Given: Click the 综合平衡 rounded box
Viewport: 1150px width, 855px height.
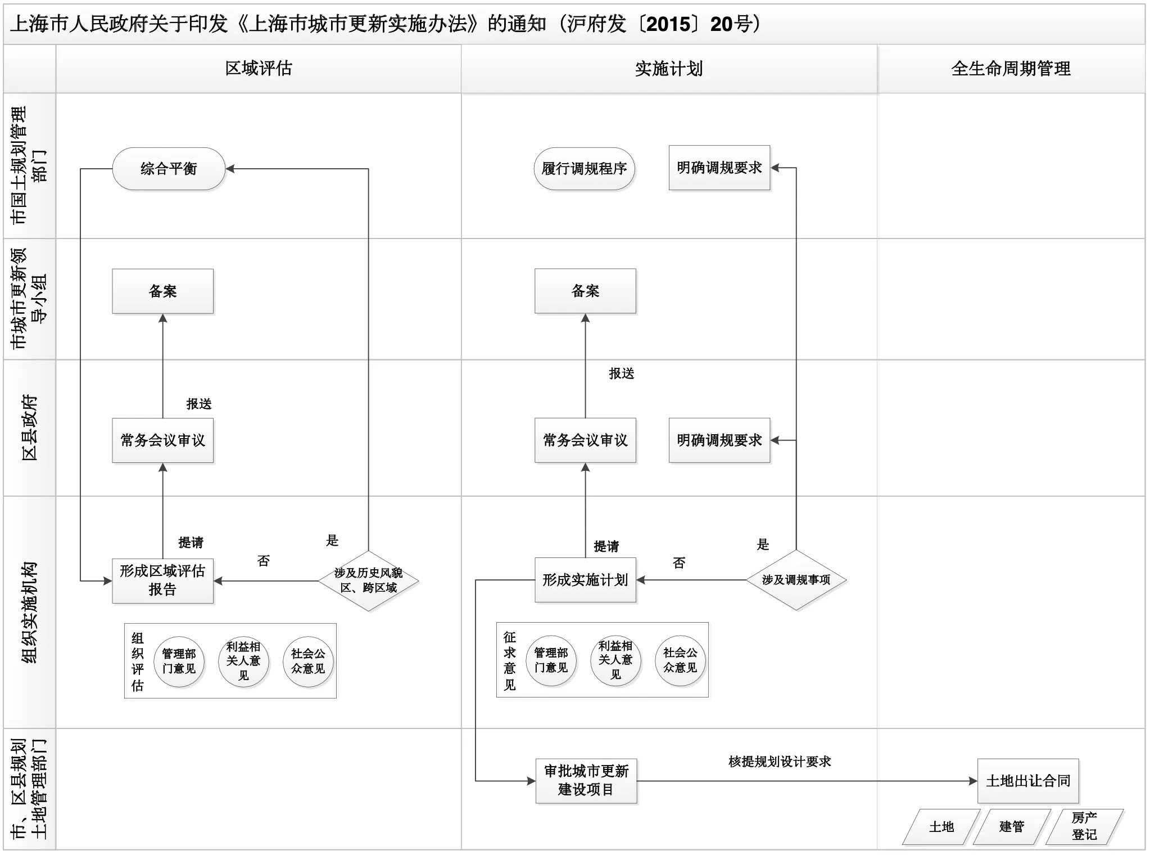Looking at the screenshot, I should pyautogui.click(x=169, y=169).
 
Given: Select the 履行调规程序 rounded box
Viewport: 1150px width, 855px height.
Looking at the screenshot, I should pyautogui.click(x=584, y=169).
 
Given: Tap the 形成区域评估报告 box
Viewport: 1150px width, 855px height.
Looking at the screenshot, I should pyautogui.click(x=162, y=580).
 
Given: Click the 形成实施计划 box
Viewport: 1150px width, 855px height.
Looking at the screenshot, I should pyautogui.click(x=585, y=580).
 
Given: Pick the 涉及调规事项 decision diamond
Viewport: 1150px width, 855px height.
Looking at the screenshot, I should pyautogui.click(x=796, y=580).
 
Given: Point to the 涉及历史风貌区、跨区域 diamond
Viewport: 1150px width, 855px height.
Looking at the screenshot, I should pyautogui.click(x=368, y=580).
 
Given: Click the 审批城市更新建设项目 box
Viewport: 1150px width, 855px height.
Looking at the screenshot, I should pyautogui.click(x=586, y=780).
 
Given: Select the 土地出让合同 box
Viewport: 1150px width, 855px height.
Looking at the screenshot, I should pyautogui.click(x=1028, y=781).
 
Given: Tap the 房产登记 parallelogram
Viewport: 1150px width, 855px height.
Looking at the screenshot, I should pyautogui.click(x=1084, y=826).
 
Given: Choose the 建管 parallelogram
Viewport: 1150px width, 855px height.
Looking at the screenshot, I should pyautogui.click(x=1012, y=826).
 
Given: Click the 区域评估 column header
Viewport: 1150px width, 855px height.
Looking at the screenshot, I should pyautogui.click(x=259, y=69).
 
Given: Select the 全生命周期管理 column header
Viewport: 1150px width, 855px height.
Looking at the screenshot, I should pyautogui.click(x=1011, y=69).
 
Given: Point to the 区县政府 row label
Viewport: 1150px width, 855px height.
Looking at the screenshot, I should pyautogui.click(x=29, y=427).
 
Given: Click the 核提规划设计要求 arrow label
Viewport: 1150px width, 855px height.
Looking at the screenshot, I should pyautogui.click(x=780, y=762).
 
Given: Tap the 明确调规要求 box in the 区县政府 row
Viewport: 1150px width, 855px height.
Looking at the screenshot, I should pyautogui.click(x=719, y=440).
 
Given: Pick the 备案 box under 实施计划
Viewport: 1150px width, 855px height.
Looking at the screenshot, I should pyautogui.click(x=585, y=291).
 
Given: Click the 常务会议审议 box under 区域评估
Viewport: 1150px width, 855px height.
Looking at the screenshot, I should pyautogui.click(x=162, y=440).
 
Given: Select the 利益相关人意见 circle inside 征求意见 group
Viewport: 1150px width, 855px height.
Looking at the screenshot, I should pyautogui.click(x=615, y=660).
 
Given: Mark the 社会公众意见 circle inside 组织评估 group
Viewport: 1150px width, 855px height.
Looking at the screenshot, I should pyautogui.click(x=308, y=661).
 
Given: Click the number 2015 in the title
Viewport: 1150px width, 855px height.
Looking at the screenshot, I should pyautogui.click(x=668, y=24).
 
